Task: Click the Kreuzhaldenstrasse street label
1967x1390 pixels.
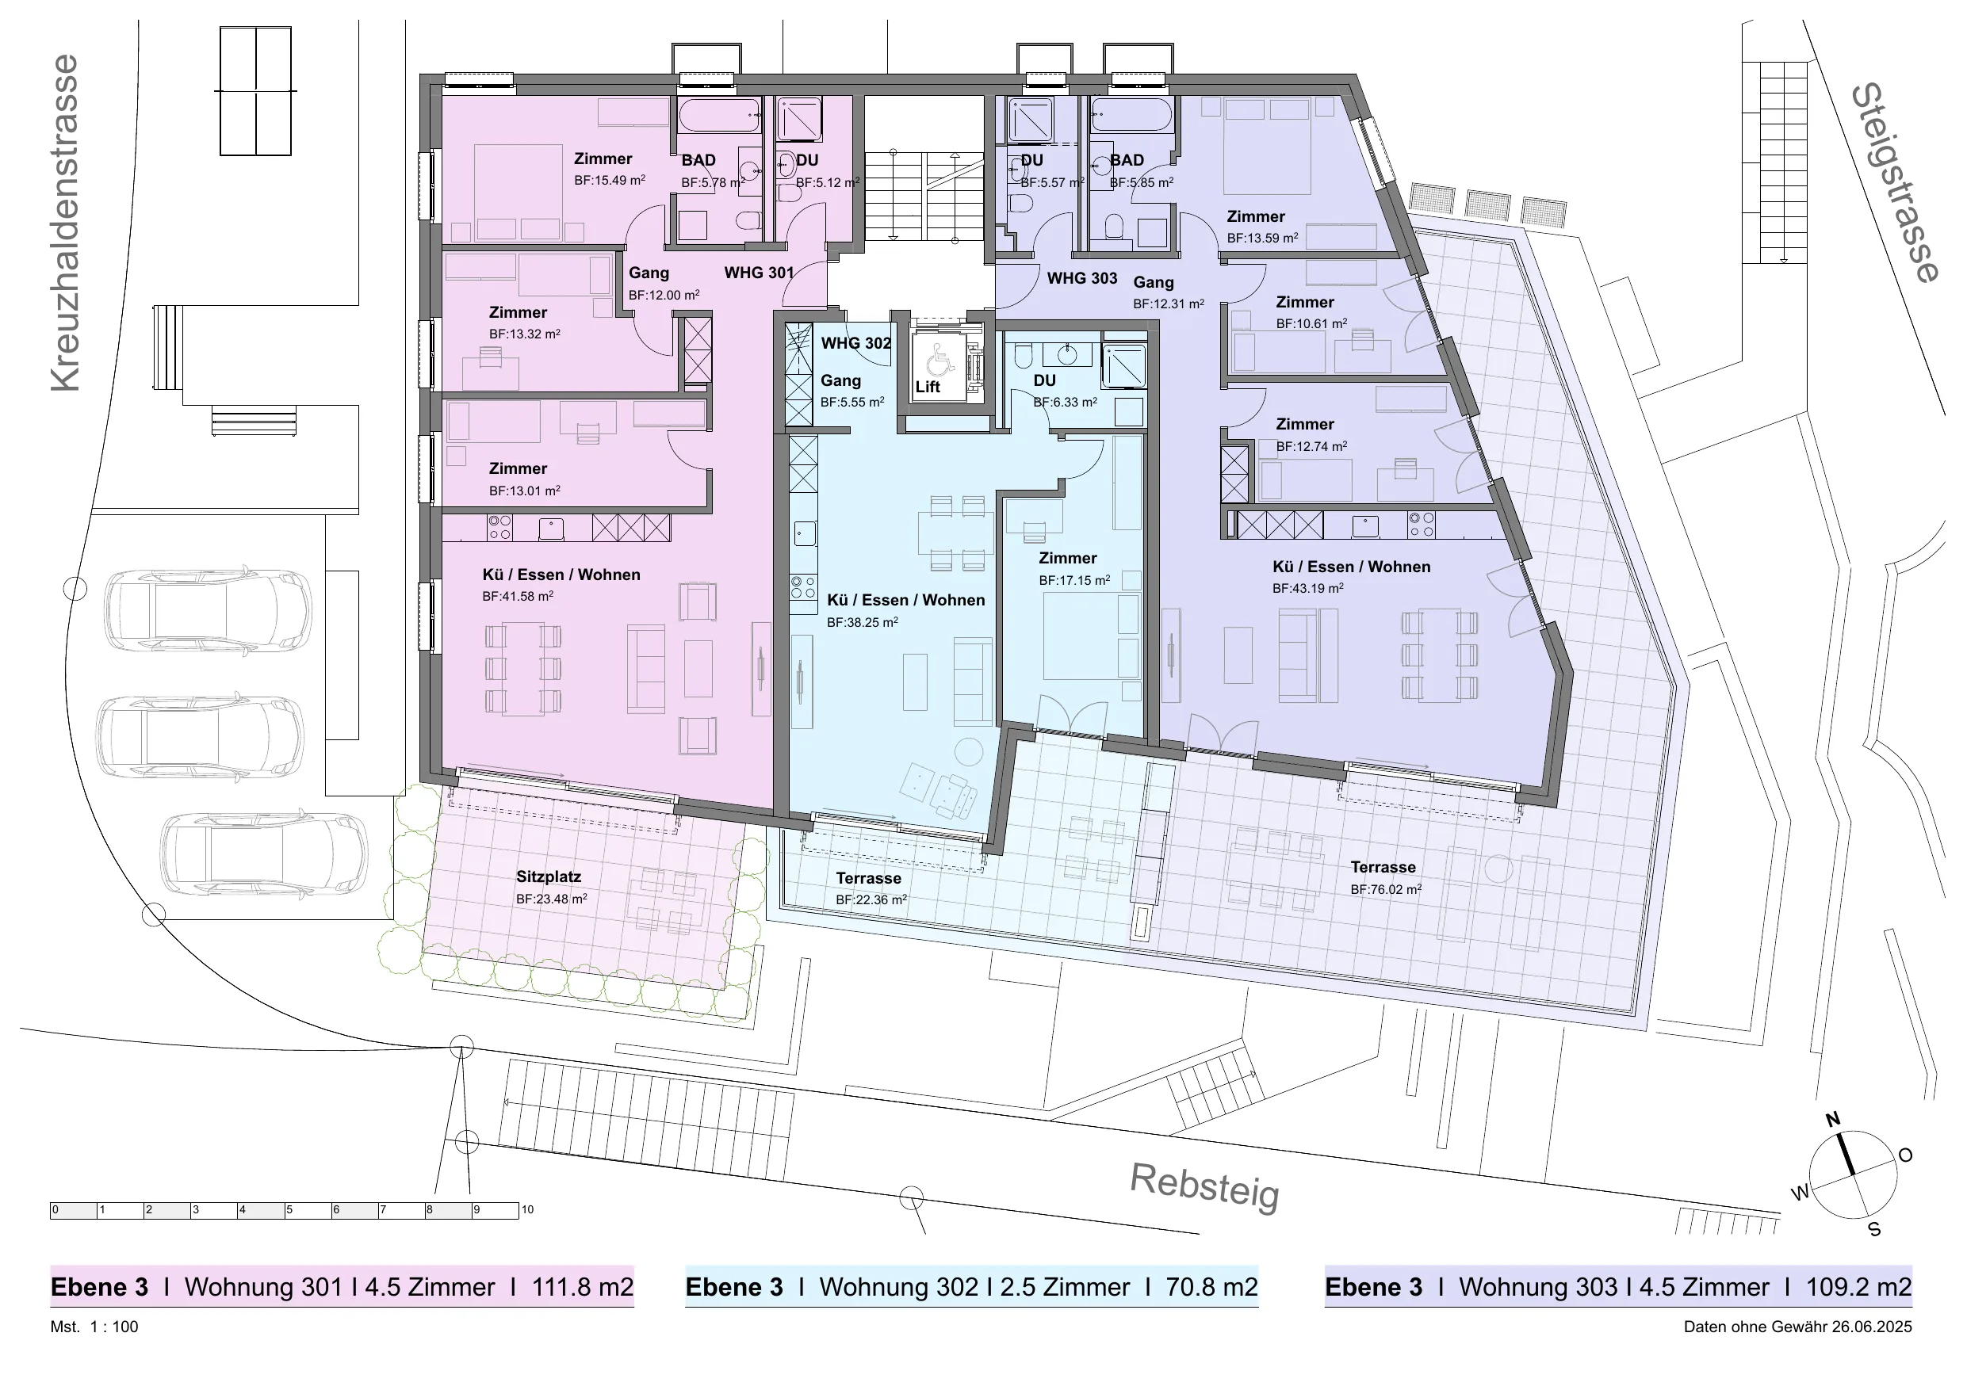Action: (x=65, y=223)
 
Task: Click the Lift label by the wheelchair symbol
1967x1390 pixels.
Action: (x=927, y=387)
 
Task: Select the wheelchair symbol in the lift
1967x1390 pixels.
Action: (x=942, y=359)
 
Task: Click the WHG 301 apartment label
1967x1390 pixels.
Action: (x=759, y=273)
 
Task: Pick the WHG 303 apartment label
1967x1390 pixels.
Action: (x=1082, y=278)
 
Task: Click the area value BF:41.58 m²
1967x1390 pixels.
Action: (x=518, y=596)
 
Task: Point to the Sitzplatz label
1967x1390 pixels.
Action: (x=549, y=877)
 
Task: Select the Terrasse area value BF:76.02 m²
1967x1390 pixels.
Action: (x=1386, y=890)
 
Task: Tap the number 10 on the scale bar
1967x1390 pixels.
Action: (x=528, y=1210)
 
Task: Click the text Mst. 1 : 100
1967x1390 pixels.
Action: (x=94, y=1327)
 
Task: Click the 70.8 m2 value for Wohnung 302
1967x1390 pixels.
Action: (x=1211, y=1287)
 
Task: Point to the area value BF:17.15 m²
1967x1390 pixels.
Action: (x=1074, y=581)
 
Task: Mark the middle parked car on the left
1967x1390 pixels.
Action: (x=200, y=736)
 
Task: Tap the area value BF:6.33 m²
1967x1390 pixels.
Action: (x=1065, y=402)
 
